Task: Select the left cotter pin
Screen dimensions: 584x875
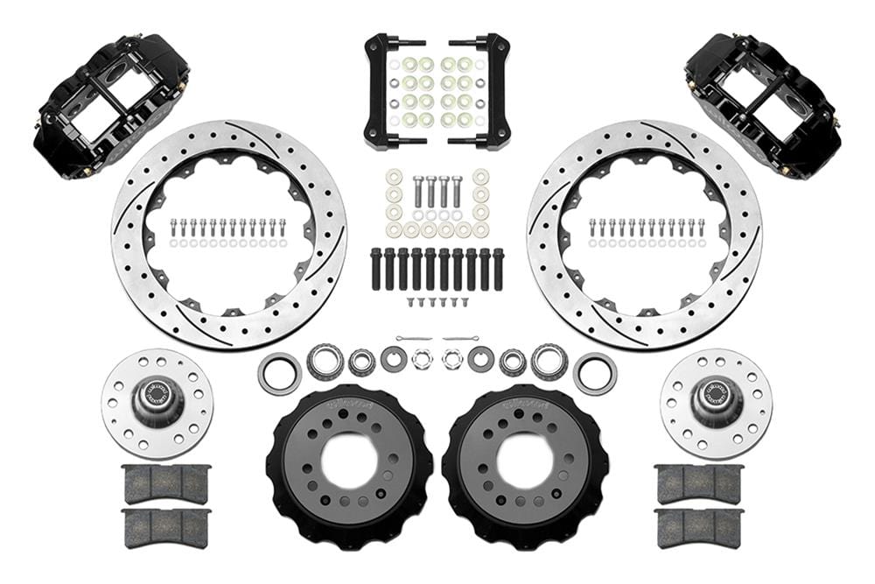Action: click(413, 339)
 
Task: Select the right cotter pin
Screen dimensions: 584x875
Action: click(460, 339)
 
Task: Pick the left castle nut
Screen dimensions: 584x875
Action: click(421, 359)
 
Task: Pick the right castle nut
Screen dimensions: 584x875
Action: click(452, 359)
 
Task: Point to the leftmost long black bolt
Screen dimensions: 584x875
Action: click(376, 270)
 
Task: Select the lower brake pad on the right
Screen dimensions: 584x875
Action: click(698, 527)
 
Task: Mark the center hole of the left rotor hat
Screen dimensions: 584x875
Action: click(349, 461)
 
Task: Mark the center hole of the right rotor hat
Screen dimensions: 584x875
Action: click(525, 461)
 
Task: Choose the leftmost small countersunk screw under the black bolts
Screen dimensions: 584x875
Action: click(409, 302)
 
